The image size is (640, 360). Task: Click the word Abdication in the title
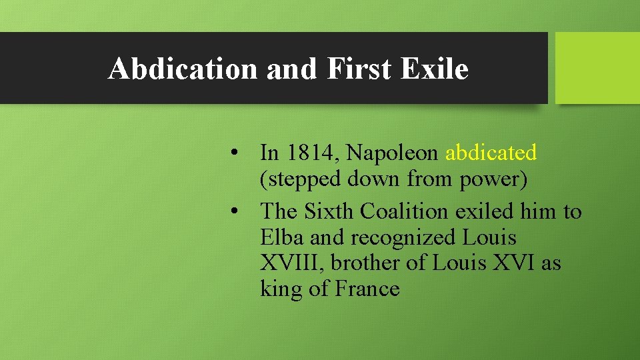182,68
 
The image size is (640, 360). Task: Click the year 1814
313,153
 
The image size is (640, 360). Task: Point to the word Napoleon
393,153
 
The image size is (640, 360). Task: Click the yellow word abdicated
491,153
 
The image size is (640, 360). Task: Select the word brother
364,263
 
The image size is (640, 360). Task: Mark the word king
281,289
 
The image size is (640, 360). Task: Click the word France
367,289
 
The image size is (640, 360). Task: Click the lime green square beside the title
597,68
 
